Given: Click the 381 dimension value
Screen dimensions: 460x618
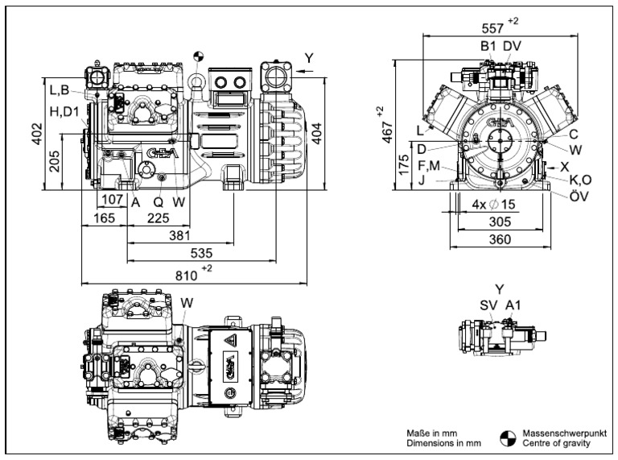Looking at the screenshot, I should point(179,235).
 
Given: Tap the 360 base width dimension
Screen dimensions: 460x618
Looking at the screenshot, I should point(501,239).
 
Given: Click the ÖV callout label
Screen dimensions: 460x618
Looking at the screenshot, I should point(578,196).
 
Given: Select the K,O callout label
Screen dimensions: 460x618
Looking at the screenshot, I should point(579,180).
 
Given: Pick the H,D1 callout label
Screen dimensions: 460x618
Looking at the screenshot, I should point(65,112).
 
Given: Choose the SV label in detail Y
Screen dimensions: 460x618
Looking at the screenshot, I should point(488,306).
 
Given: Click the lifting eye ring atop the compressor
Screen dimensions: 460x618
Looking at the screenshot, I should point(196,81).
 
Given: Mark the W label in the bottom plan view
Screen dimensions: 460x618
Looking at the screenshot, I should point(187,302).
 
